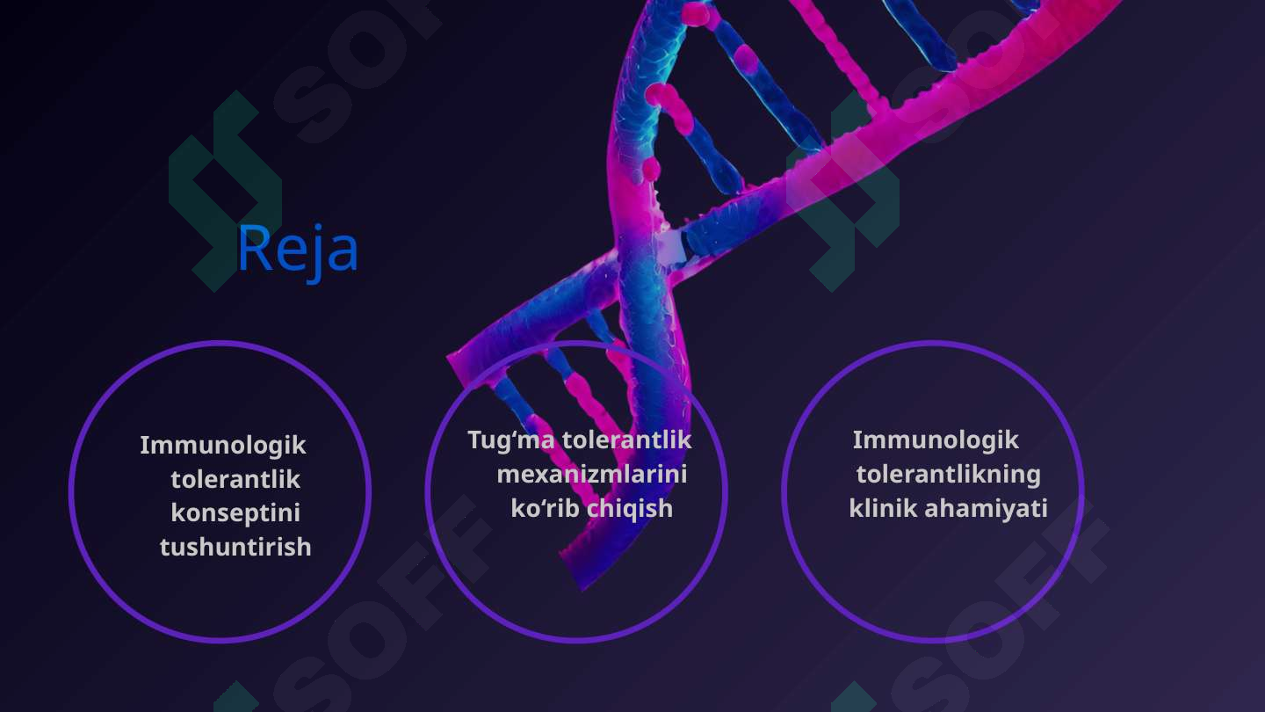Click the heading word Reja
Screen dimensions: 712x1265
pyautogui.click(x=297, y=250)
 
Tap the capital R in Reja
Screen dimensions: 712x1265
pyautogui.click(x=254, y=249)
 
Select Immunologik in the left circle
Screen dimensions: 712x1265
pyautogui.click(x=223, y=446)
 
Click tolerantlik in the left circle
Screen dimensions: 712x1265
pyautogui.click(x=235, y=480)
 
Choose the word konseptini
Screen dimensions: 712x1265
pyautogui.click(x=235, y=513)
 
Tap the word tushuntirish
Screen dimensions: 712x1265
pyautogui.click(x=235, y=547)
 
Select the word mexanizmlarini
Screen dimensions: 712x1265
pyautogui.click(x=592, y=475)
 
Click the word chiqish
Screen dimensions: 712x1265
pyautogui.click(x=630, y=509)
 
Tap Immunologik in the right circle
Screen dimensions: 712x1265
pyautogui.click(x=936, y=440)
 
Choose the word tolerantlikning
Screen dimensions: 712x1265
pyautogui.click(x=949, y=475)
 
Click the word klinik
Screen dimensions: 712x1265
pyautogui.click(x=881, y=508)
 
